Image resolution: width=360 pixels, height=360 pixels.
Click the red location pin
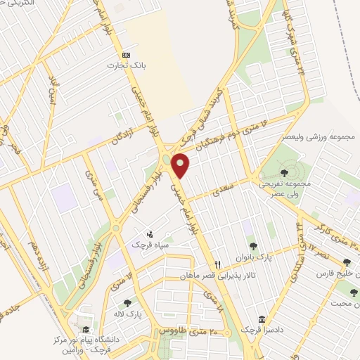[181, 166]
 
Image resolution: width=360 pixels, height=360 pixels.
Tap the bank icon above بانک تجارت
[127, 54]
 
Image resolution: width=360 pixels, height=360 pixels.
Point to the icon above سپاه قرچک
[149, 234]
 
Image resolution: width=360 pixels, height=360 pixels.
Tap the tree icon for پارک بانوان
[253, 246]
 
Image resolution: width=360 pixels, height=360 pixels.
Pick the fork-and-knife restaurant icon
[218, 264]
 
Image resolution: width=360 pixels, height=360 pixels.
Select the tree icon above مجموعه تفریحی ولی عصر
[283, 172]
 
